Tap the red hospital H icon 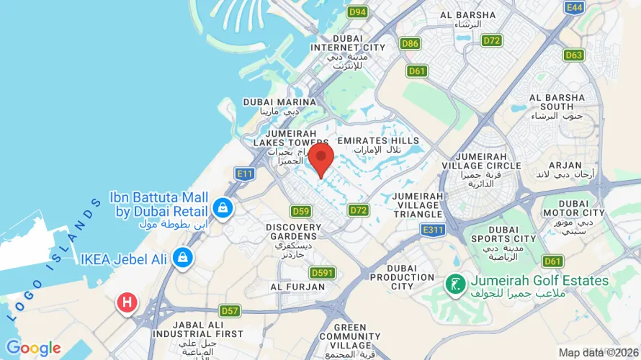(x=127, y=303)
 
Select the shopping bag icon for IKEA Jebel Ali (x=183, y=257)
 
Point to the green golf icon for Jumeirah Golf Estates (x=455, y=284)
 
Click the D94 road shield (x=357, y=12)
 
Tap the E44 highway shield (x=575, y=7)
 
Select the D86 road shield (x=411, y=44)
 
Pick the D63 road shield (x=574, y=55)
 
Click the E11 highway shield (x=243, y=174)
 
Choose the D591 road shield (x=323, y=273)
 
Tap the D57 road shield (x=230, y=311)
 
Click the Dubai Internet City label (x=348, y=48)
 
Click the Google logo (x=33, y=349)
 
